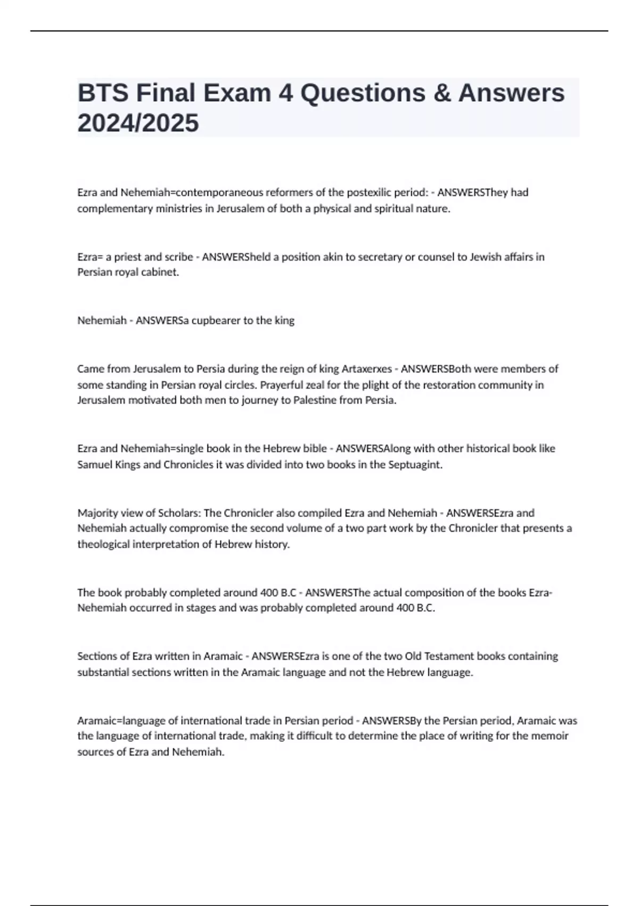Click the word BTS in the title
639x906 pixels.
(103, 93)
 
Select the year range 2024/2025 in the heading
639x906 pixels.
(138, 123)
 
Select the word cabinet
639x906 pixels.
(159, 272)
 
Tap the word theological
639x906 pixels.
(102, 544)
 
